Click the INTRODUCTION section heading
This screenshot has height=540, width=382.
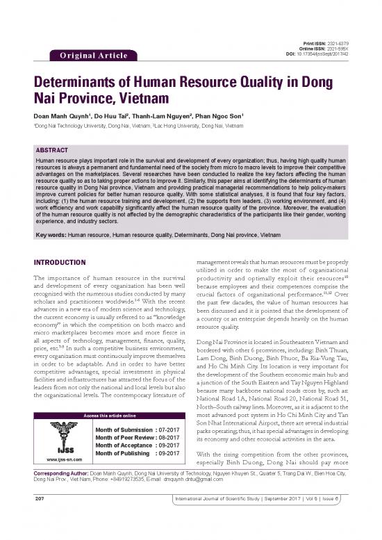(48, 263)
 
